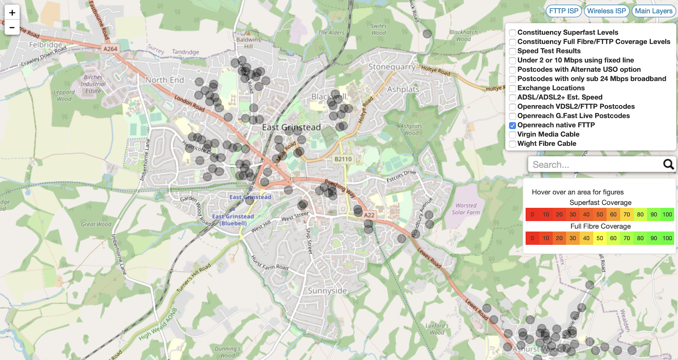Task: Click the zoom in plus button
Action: (x=12, y=13)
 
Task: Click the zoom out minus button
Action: (x=12, y=28)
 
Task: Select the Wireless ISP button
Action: (x=606, y=11)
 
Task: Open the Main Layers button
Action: (x=653, y=11)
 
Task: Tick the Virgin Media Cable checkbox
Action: (x=513, y=135)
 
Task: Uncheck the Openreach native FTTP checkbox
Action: (x=513, y=126)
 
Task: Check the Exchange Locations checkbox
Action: (x=513, y=88)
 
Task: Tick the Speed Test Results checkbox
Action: (x=513, y=51)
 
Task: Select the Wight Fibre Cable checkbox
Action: (x=513, y=144)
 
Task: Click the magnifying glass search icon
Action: (x=668, y=165)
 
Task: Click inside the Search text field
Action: (x=593, y=165)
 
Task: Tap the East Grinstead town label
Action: (x=291, y=127)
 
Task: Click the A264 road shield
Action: (x=110, y=49)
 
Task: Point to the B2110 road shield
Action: (x=343, y=159)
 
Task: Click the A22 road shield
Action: (x=370, y=215)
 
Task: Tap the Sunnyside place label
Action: (x=327, y=290)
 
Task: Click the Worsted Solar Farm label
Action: (x=466, y=209)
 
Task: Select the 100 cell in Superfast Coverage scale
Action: (x=667, y=215)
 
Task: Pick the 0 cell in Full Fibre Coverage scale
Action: (x=532, y=238)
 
